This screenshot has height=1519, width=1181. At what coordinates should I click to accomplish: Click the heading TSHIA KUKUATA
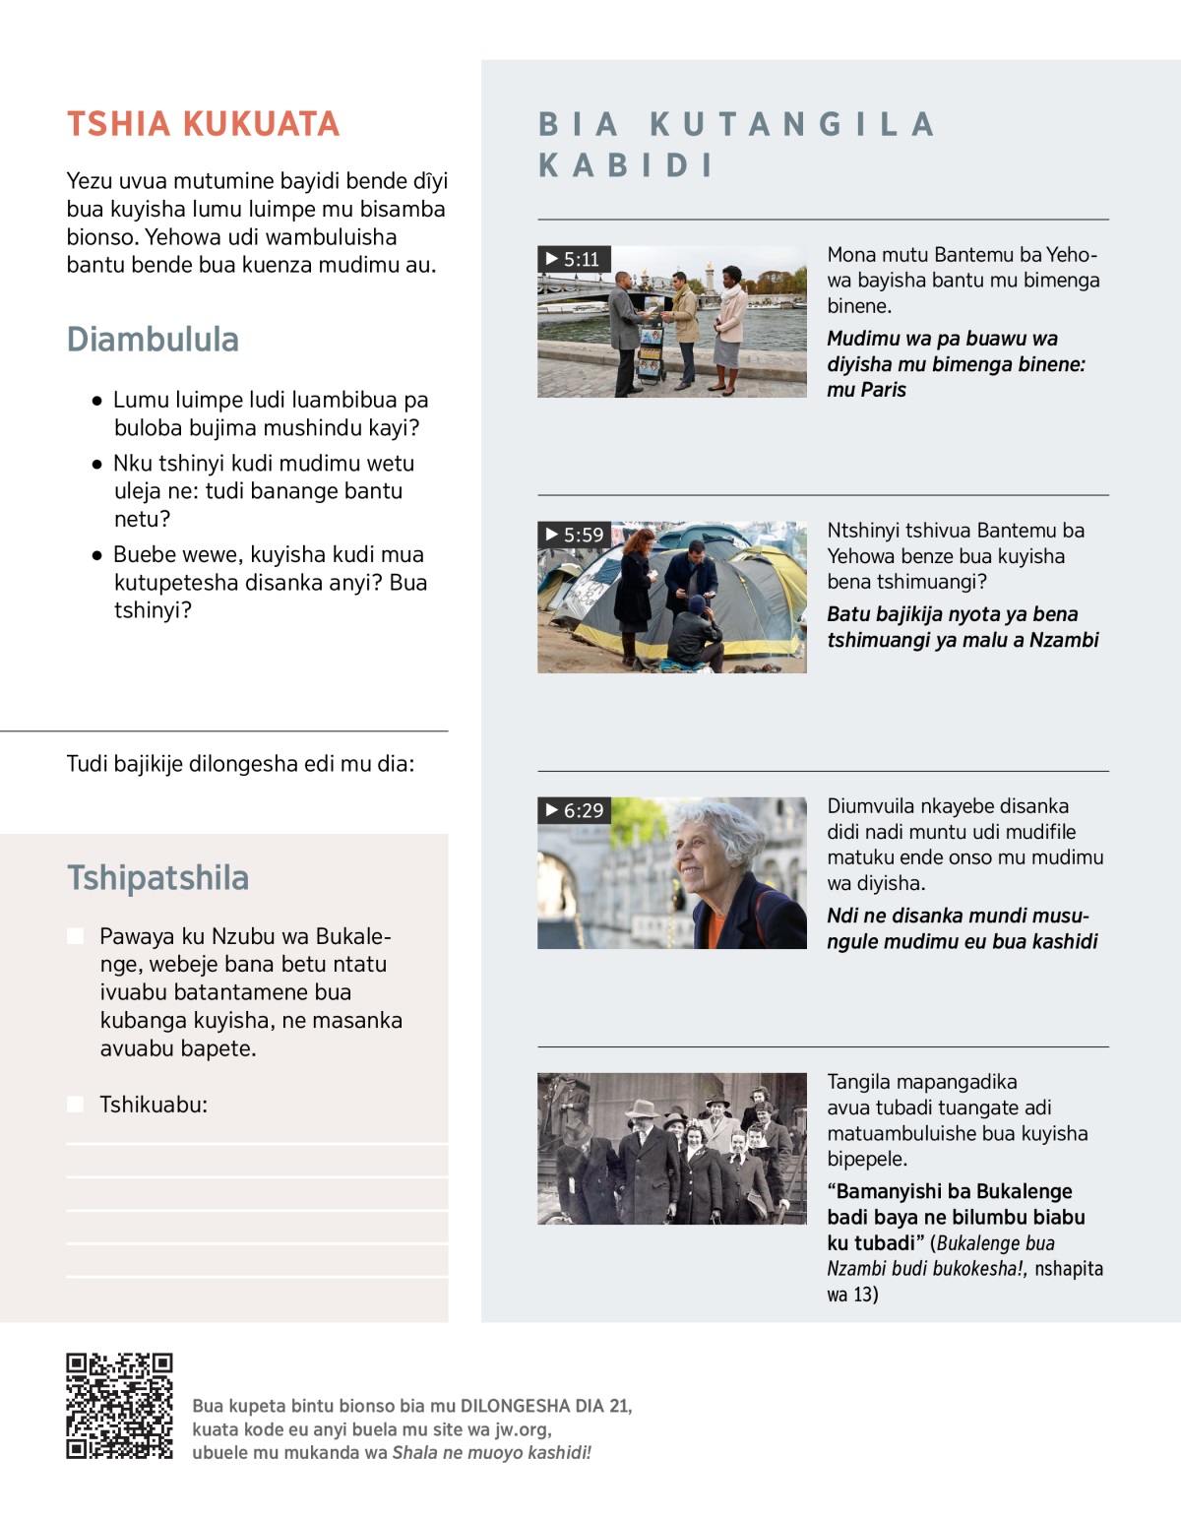pos(203,124)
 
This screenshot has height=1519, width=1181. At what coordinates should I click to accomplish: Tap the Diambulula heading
pos(153,340)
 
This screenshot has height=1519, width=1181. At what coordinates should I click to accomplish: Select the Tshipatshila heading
pos(157,878)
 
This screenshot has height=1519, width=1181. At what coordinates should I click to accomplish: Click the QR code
pos(119,1406)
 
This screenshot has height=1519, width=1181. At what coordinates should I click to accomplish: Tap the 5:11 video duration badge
pos(575,259)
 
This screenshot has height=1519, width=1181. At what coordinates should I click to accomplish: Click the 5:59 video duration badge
pos(575,535)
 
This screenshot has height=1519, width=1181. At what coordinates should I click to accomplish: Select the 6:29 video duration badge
pos(575,810)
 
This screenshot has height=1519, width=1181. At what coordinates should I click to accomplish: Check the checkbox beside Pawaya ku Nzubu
pos(75,936)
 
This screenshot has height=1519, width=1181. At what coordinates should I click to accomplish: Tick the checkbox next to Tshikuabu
pos(75,1105)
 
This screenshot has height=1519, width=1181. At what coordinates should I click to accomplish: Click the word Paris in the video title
pos(883,390)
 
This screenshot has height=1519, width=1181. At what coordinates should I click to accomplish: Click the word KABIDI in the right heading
pos(626,165)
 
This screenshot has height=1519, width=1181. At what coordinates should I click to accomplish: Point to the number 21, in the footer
pos(620,1406)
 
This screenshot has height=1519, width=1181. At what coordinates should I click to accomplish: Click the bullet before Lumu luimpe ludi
pos(96,401)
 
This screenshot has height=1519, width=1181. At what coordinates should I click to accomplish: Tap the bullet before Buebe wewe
pos(96,555)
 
